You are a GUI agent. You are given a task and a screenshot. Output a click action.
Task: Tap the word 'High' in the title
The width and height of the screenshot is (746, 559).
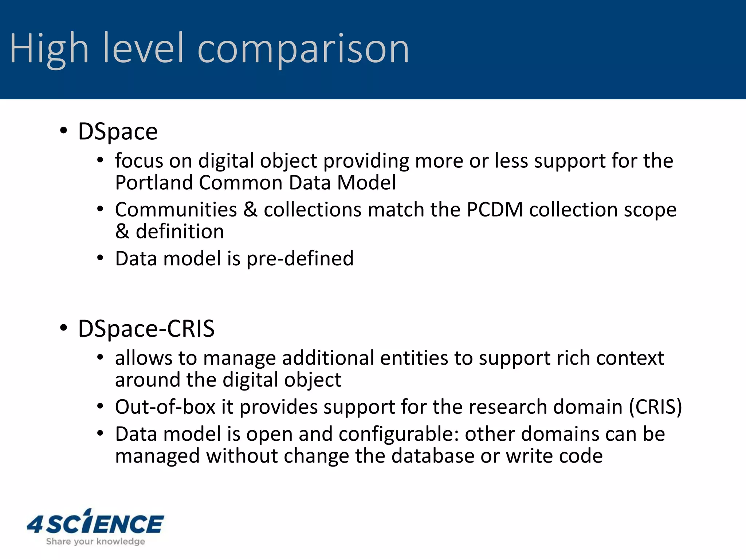49,49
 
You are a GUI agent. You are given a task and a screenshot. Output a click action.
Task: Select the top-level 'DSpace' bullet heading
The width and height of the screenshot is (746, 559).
118,131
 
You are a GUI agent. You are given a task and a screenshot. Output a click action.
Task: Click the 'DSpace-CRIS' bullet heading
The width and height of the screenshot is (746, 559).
146,329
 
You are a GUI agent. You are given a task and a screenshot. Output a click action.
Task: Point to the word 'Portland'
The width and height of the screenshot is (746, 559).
153,182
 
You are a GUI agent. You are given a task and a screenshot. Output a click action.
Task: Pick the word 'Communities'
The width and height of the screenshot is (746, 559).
176,210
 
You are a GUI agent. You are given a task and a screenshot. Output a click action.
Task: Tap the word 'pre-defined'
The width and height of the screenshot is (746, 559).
300,258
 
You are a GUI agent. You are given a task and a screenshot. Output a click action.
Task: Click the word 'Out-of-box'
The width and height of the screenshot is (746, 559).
165,407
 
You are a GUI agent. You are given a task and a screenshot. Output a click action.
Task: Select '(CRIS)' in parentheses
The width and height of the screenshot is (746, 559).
655,407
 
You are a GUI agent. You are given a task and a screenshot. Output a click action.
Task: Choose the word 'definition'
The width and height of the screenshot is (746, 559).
180,231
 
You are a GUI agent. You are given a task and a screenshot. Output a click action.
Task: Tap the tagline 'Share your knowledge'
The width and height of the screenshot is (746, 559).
95,542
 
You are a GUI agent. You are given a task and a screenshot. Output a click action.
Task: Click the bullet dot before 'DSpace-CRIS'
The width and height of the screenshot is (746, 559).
64,328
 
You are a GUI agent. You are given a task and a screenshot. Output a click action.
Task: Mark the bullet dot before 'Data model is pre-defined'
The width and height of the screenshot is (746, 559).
100,258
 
